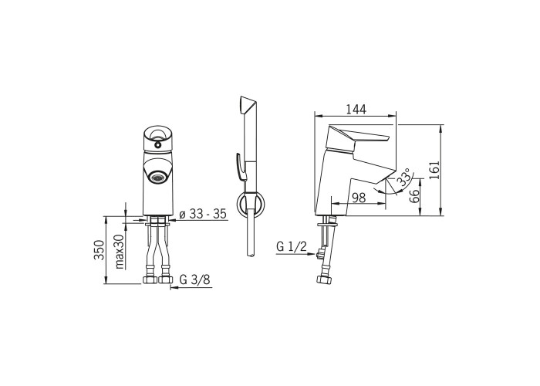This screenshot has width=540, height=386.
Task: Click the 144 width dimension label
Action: point(356,109)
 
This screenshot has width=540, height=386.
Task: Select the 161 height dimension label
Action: point(434,170)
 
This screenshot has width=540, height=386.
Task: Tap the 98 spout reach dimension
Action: point(359,198)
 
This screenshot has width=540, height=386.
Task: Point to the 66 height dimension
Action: point(415,196)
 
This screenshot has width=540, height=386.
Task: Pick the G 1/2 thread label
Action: point(292,246)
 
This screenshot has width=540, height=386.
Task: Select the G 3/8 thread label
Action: point(194,279)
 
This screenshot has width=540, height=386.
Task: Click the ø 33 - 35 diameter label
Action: point(203,214)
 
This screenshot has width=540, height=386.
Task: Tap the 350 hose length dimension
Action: point(100,250)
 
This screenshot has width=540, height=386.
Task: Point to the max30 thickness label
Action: point(119,252)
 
